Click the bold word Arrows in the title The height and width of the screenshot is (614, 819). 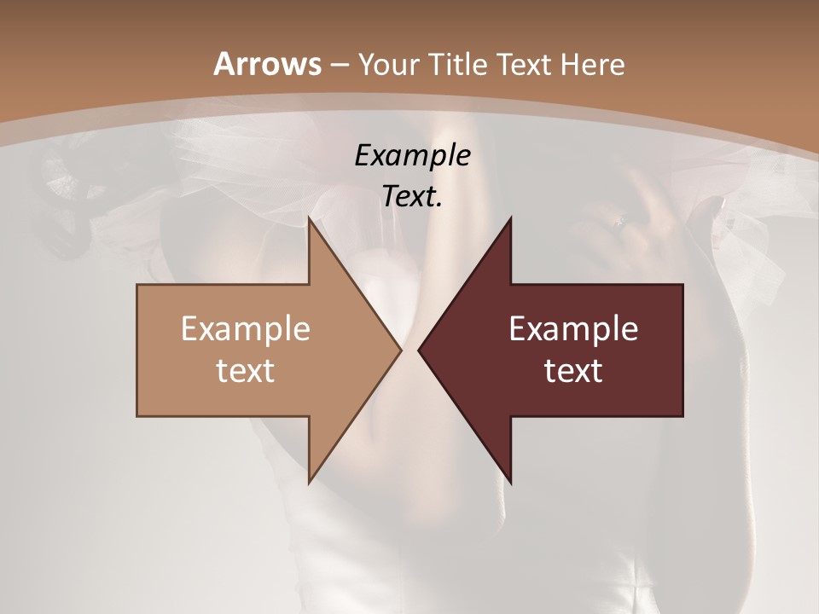coord(268,64)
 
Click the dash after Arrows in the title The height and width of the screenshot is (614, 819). coord(339,65)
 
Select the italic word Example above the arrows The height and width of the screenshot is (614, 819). coord(412,155)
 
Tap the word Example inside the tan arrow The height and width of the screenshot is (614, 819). coord(245,328)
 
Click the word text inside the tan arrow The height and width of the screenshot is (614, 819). coord(245,370)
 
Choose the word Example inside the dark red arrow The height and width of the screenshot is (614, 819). coord(573,328)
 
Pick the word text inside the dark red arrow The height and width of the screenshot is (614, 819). coord(573,370)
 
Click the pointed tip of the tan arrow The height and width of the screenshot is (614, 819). coord(401,350)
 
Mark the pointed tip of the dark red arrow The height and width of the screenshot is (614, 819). coord(419,350)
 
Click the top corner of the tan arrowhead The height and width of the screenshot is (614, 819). coord(310,218)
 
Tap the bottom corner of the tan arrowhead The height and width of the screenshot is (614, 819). coord(310,482)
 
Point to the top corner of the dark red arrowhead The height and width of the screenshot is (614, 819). coord(510,218)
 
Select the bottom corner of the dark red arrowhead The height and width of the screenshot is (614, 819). coord(510,482)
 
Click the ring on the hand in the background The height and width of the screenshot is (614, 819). coord(621,222)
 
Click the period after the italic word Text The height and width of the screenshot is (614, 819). coord(439,206)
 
